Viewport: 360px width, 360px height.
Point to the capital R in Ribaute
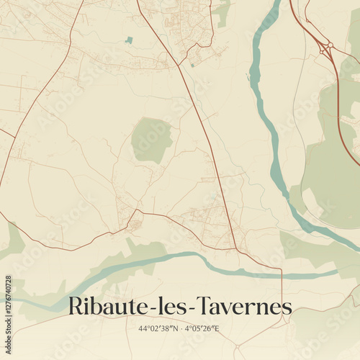74,306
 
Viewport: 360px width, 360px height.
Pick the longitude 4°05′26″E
201,328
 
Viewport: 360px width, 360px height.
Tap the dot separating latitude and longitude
180,328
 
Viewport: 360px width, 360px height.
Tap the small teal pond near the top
129,40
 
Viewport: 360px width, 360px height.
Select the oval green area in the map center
152,140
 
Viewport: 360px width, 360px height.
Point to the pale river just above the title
180,259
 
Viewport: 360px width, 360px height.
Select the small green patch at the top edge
222,11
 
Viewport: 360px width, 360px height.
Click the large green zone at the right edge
331,173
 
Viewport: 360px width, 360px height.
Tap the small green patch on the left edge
11,241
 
